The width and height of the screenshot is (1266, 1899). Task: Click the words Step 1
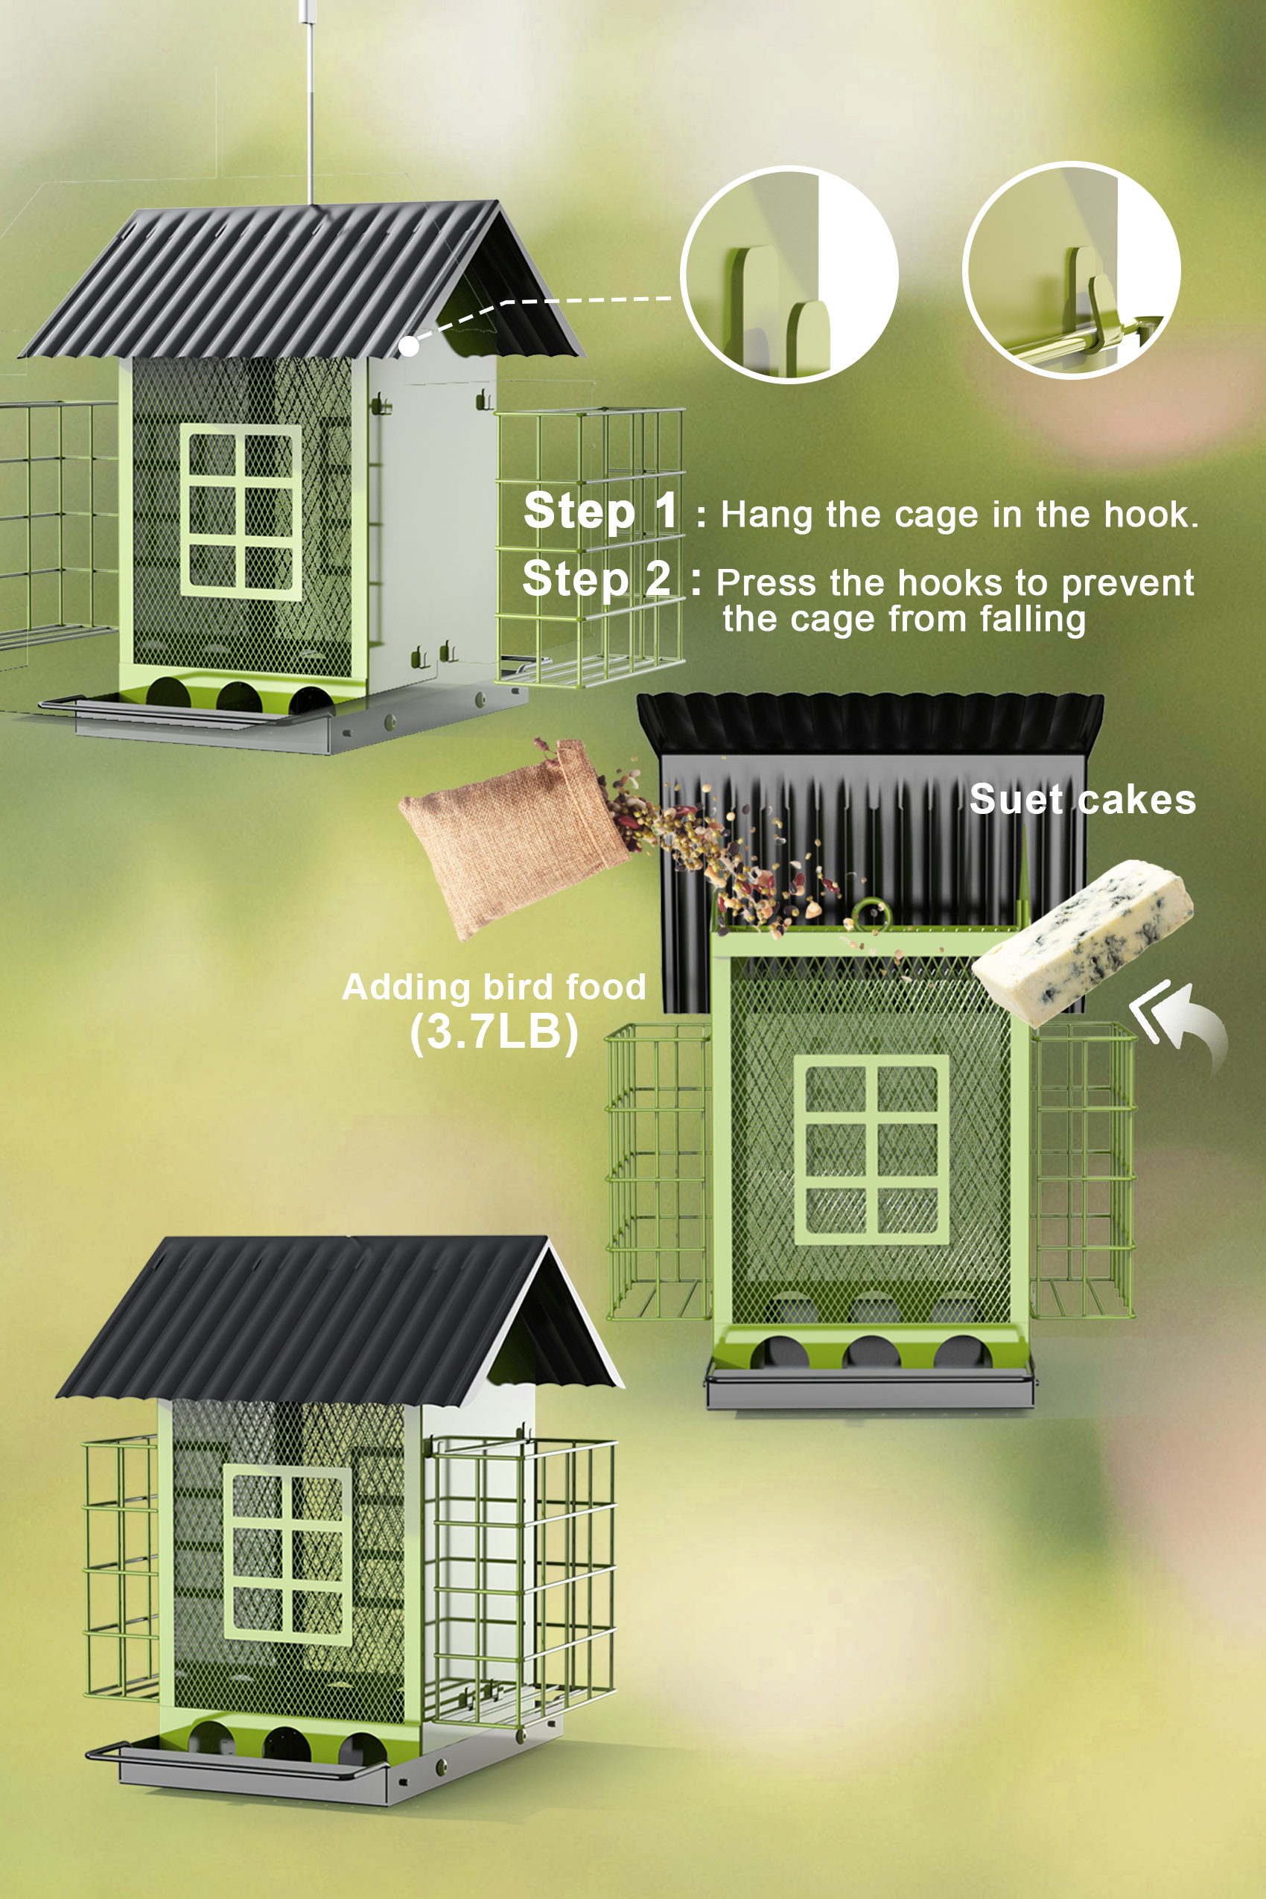(601, 511)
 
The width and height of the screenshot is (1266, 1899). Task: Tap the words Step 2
(597, 579)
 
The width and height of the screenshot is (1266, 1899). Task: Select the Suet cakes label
(1082, 799)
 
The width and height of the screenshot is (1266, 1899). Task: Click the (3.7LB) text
(493, 1032)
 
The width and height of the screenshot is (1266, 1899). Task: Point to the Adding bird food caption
(493, 987)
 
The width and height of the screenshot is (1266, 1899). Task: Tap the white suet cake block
(1082, 937)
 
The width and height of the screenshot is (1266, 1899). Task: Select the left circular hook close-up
(789, 275)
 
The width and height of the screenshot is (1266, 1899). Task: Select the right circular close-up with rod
(1072, 270)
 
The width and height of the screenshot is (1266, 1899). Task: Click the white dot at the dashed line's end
(410, 346)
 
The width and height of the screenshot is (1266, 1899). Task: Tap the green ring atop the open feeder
(871, 915)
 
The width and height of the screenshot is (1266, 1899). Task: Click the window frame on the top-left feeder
(241, 512)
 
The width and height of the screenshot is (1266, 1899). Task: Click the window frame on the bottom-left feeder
(287, 1554)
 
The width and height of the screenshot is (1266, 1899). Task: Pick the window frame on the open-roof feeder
(871, 1150)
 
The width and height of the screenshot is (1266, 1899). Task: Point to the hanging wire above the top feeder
(309, 105)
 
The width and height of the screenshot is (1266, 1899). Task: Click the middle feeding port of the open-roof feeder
(871, 1351)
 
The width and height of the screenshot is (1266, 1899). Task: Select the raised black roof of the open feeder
(871, 727)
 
